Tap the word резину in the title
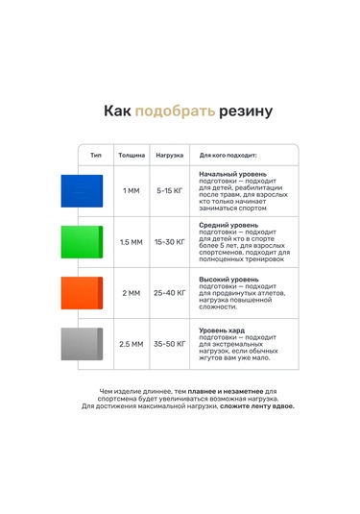(244, 111)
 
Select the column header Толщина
(132, 155)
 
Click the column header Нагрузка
(170, 155)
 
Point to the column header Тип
(95, 155)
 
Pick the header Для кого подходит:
(234, 155)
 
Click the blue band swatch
(82, 191)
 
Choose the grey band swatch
(82, 344)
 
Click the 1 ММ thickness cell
(132, 191)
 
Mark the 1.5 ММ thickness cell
(132, 242)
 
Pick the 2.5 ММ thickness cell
(132, 344)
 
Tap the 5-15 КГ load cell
(170, 191)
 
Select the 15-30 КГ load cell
(170, 242)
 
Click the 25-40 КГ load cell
(170, 293)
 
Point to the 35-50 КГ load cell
(170, 344)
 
